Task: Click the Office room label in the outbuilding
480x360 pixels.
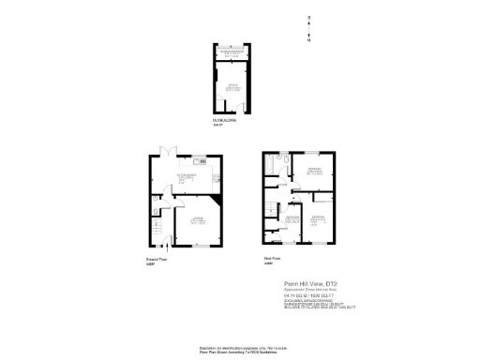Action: click(x=229, y=87)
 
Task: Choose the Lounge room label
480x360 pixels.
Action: click(x=198, y=220)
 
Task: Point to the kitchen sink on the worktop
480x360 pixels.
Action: click(x=217, y=174)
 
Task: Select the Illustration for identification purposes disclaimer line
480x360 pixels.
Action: click(x=240, y=346)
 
